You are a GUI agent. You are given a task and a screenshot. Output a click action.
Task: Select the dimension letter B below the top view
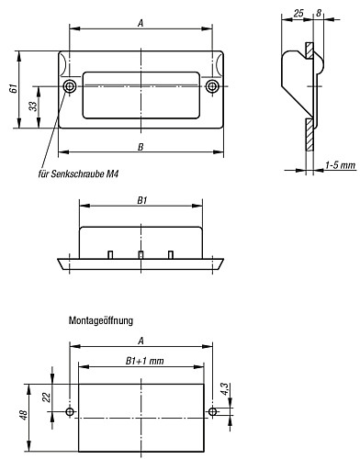click(140, 146)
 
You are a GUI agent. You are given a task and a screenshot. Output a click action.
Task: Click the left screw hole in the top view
click(71, 86)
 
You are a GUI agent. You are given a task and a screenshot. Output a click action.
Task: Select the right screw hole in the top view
click(212, 86)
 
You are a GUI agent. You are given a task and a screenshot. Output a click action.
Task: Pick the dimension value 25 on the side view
click(298, 15)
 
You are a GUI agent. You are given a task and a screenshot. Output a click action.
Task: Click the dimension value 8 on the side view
click(319, 15)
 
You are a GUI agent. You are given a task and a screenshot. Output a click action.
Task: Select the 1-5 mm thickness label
click(340, 162)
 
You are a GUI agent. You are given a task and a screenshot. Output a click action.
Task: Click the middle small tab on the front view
click(141, 253)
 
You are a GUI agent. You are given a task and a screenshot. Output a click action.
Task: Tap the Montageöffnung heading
click(101, 320)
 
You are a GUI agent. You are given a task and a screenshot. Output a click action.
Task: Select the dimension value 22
click(47, 399)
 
